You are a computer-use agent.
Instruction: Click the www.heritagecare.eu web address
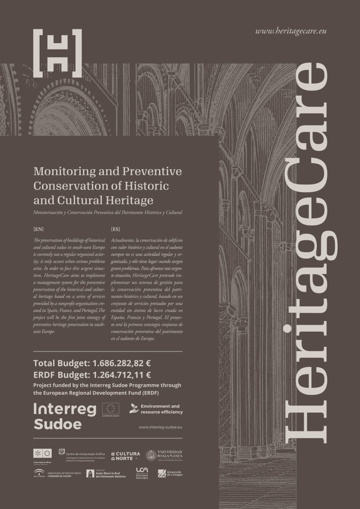pyautogui.click(x=290, y=32)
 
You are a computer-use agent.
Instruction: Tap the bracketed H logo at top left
pyautogui.click(x=58, y=53)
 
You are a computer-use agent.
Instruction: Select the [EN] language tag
pyautogui.click(x=39, y=229)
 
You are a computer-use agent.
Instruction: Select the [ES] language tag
pyautogui.click(x=115, y=229)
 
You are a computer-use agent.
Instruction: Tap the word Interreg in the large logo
pyautogui.click(x=65, y=409)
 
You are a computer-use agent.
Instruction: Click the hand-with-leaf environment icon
pyautogui.click(x=133, y=408)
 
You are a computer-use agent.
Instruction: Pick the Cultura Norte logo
pyautogui.click(x=126, y=455)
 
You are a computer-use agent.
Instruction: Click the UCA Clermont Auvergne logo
pyautogui.click(x=142, y=473)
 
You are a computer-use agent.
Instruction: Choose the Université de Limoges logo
pyautogui.click(x=170, y=473)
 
